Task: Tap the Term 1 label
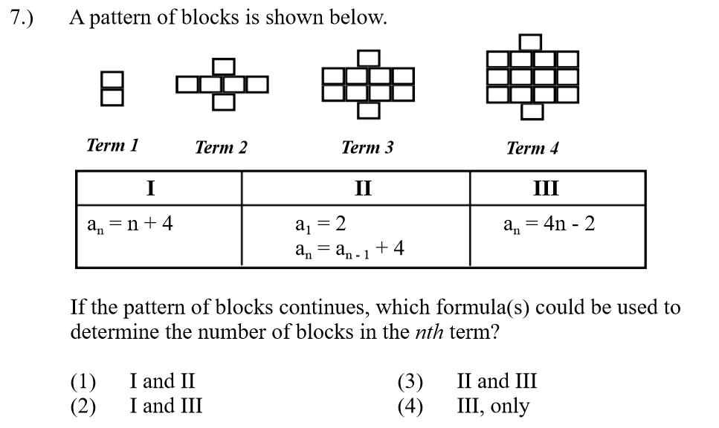coord(112,145)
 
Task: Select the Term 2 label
coord(221,147)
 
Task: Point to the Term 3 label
coord(367,147)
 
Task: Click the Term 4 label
coord(532,148)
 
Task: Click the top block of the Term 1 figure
coord(112,80)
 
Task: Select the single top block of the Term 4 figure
coord(531,42)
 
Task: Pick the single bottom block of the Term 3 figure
coord(367,110)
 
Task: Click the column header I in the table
coord(150,187)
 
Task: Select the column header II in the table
coord(362,187)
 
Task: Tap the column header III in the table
coord(546,187)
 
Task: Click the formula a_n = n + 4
coord(130,224)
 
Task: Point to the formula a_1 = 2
coord(320,224)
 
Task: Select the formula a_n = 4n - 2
coord(549,224)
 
